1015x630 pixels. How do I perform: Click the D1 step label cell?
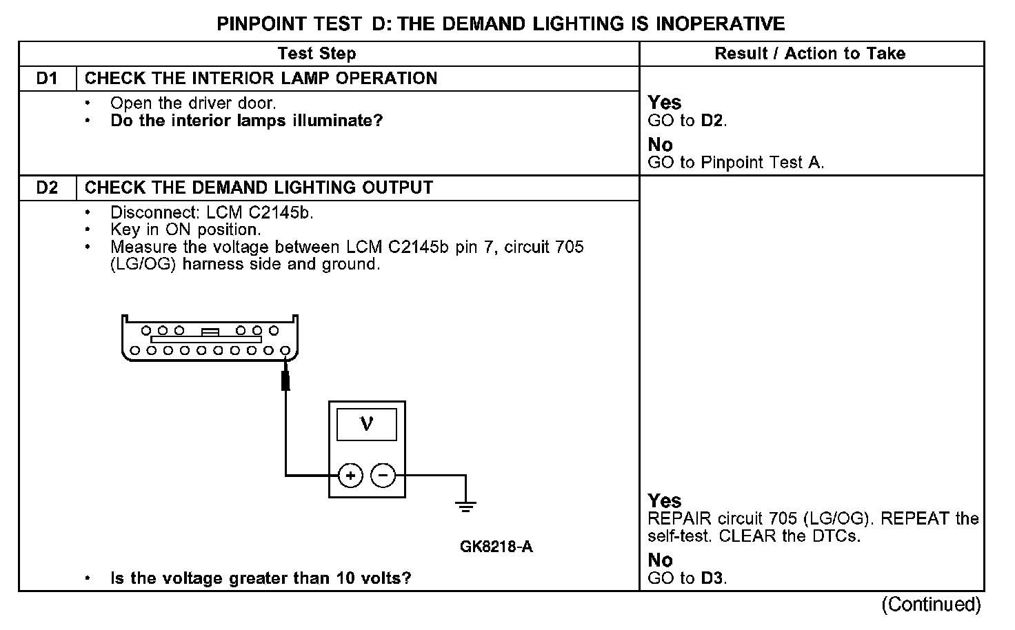coord(47,79)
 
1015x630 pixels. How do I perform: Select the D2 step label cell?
coord(47,188)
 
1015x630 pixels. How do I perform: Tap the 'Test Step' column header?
coord(316,54)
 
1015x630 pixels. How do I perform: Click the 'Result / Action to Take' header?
coord(810,54)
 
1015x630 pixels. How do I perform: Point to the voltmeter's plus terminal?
coord(350,476)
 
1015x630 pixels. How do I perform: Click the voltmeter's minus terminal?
coord(383,476)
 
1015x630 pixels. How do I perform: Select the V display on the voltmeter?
coord(367,424)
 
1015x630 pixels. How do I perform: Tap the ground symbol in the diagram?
coord(466,507)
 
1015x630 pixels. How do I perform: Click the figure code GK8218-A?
coord(496,547)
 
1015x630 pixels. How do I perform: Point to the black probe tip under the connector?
coord(285,380)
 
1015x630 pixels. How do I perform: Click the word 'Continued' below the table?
coord(931,604)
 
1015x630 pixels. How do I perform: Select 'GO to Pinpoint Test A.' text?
coord(736,163)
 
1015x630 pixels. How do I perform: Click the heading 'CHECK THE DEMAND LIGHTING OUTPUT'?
coord(259,188)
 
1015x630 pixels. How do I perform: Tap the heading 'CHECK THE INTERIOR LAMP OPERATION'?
coord(261,79)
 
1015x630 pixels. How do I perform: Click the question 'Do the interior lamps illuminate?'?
coord(246,121)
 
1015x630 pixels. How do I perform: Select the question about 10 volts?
coord(261,578)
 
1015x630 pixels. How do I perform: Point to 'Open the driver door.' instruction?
coord(193,103)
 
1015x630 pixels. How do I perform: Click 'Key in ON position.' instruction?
coord(185,230)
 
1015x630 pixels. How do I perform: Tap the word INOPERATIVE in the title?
coord(720,24)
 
